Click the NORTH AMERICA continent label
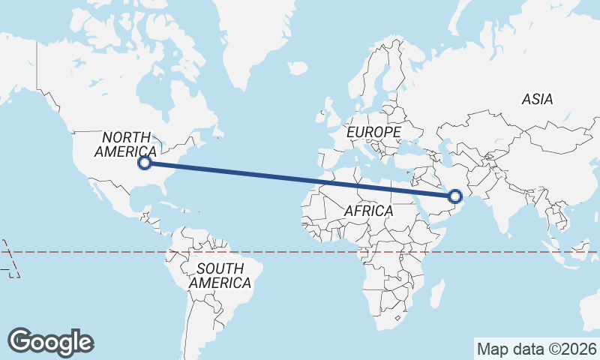[125, 144]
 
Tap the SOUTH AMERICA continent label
[220, 276]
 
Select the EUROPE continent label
[374, 132]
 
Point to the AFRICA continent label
[368, 211]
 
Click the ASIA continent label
[537, 99]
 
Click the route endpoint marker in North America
[145, 163]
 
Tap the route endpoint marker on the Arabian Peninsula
[454, 196]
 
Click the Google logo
[51, 341]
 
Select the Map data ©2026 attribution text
[537, 349]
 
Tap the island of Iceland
[298, 68]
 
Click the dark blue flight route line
[300, 180]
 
